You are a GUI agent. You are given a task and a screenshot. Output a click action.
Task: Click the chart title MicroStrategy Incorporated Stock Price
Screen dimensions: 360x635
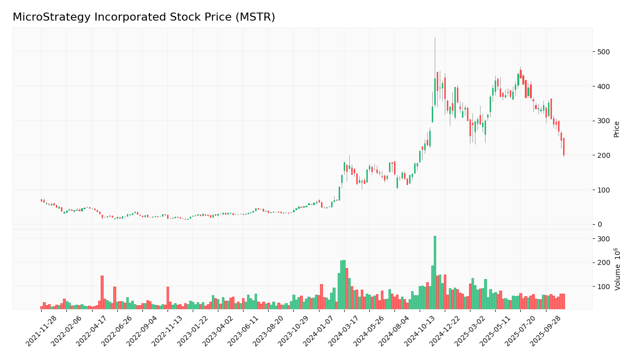[x=144, y=18]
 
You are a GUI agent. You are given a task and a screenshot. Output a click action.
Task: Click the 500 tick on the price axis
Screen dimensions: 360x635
[x=603, y=52]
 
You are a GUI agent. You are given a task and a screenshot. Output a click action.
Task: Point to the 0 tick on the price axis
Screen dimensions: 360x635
[x=599, y=224]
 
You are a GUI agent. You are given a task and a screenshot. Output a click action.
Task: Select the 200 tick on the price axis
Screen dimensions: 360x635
[x=603, y=155]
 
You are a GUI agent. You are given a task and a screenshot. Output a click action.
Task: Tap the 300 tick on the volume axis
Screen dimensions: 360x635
[x=603, y=239]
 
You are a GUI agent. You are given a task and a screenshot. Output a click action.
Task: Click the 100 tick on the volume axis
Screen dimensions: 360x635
[x=603, y=287]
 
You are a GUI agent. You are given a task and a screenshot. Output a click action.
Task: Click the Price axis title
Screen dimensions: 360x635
[x=616, y=129]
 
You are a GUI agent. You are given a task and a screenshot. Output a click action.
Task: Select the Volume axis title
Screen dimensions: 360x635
[x=617, y=269]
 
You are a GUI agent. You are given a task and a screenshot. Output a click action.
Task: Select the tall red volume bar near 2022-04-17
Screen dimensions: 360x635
[x=102, y=292]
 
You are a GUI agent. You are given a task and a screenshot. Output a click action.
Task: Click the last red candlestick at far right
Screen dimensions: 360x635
[x=564, y=146]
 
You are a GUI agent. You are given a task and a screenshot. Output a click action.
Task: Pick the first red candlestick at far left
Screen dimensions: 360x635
[x=42, y=200]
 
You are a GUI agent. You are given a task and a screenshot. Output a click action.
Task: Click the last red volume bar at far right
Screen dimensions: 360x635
[x=564, y=301]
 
